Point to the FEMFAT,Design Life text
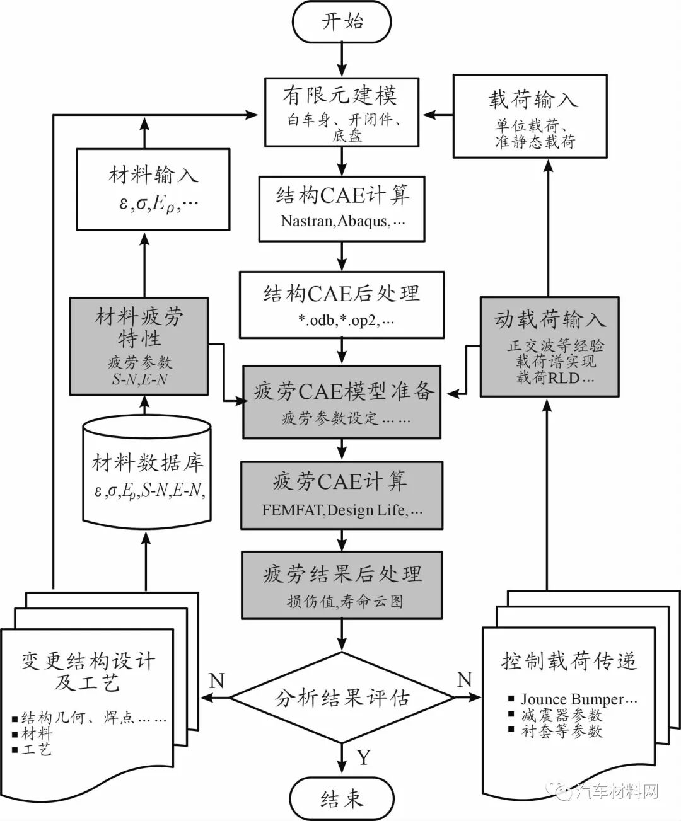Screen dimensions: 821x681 (342, 510)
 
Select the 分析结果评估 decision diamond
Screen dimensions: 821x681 (342, 698)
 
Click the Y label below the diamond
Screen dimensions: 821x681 (364, 757)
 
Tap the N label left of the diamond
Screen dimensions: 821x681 (216, 680)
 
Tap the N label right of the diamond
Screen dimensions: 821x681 (464, 679)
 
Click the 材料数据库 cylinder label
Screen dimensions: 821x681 (147, 464)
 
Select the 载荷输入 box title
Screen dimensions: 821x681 (532, 100)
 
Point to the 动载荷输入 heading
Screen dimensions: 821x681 (549, 320)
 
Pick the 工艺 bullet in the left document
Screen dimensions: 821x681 (37, 750)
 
